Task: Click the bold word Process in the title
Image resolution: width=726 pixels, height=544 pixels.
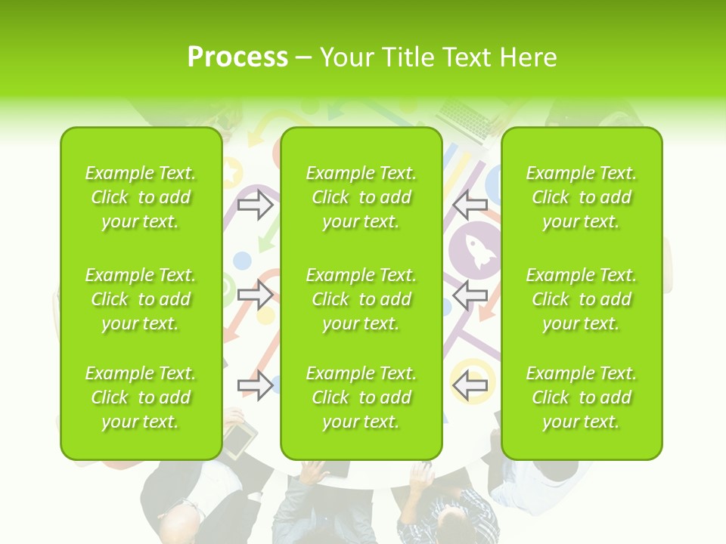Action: pos(237,57)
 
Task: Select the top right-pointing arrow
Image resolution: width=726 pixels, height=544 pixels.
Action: pos(256,204)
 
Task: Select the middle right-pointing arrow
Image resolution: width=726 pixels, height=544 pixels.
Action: pos(256,295)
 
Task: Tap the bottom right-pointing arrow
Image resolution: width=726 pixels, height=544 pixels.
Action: pos(256,385)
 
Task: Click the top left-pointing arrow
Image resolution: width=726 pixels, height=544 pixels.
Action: pos(470,204)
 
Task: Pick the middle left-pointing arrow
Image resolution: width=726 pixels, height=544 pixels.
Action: pos(470,295)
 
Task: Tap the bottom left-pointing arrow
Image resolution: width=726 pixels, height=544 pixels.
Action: pos(470,385)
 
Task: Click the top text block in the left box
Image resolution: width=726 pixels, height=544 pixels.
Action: pos(141,197)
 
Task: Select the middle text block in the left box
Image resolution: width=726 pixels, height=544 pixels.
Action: pos(141,299)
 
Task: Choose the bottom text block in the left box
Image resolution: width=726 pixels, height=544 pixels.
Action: pos(141,397)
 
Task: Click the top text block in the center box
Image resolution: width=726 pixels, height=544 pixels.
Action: pos(361,197)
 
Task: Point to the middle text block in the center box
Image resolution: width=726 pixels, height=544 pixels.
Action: pos(361,299)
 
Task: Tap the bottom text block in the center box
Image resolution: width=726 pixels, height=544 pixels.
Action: pos(361,397)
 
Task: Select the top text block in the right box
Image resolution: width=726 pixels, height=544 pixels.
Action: pos(582,197)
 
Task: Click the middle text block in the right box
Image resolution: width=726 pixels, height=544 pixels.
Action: pos(582,299)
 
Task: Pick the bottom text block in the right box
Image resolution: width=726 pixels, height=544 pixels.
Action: pos(582,397)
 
